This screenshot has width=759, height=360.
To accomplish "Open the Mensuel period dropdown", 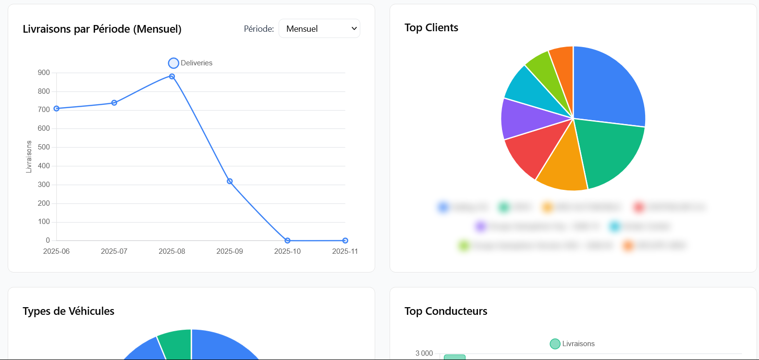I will [319, 28].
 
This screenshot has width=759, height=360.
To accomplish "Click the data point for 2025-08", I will [172, 76].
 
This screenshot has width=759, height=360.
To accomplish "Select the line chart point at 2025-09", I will [230, 181].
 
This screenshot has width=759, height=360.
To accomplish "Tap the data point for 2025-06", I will [57, 109].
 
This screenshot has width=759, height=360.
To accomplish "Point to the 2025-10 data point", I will [287, 240].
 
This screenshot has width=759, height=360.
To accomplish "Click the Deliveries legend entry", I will [191, 63].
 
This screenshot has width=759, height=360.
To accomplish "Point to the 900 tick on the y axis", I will [44, 73].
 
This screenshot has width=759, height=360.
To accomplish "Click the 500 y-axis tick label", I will [44, 147].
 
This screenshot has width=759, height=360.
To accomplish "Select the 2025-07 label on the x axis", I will [114, 251].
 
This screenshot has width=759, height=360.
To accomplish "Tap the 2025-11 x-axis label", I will [345, 251].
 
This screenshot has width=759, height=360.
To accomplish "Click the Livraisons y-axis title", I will [29, 157].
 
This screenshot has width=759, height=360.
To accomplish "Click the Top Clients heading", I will [431, 28].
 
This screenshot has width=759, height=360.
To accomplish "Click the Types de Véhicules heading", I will [69, 311].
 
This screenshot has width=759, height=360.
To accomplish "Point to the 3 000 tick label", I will [424, 353].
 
